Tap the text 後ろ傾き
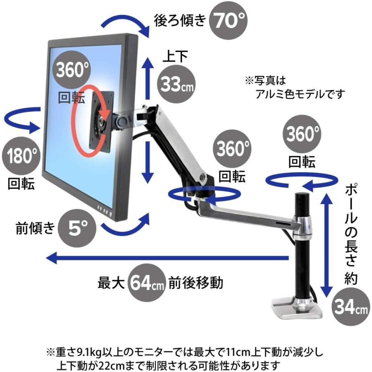click(179, 20)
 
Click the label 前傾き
click(35, 228)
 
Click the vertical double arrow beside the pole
click(327, 244)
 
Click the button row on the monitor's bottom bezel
click(105, 211)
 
